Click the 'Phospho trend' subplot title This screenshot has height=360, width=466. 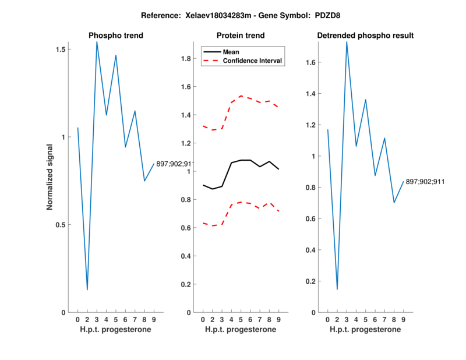[x=115, y=36]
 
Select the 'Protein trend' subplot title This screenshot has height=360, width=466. [x=241, y=36]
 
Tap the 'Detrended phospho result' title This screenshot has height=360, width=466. [x=365, y=36]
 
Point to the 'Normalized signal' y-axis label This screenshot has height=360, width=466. [x=50, y=177]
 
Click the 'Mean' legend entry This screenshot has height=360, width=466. [x=231, y=52]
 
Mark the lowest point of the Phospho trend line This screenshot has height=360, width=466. [x=87, y=290]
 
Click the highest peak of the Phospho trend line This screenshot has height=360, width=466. [x=97, y=42]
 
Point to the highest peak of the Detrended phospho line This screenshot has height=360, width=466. [x=347, y=41]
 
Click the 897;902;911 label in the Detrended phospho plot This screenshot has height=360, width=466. [x=425, y=182]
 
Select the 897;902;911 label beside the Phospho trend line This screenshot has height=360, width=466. [x=175, y=164]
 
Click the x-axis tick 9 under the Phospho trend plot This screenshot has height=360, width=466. [x=154, y=319]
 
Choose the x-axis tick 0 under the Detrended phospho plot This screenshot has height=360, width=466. [x=328, y=319]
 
